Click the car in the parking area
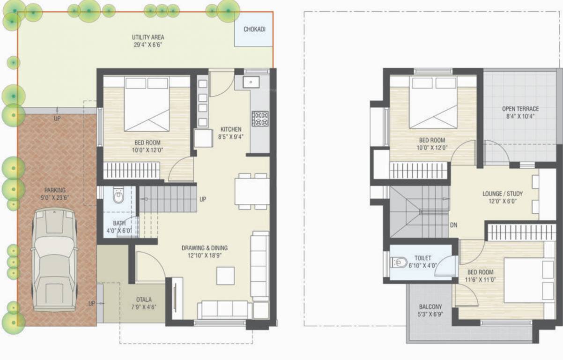pos(54,259)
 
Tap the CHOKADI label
pos(254,29)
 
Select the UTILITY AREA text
pos(148,37)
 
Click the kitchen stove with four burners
pos(260,119)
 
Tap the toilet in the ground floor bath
pos(118,197)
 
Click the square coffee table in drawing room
pos(225,276)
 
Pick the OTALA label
pos(144,300)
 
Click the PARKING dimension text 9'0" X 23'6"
pos(55,197)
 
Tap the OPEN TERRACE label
pos(520,109)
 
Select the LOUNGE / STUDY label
pos(503,194)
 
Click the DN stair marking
pos(453,225)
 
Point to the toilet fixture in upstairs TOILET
pos(399,262)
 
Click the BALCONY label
pos(430,307)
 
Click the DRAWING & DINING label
pos(205,248)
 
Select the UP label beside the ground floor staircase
pos(203,199)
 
